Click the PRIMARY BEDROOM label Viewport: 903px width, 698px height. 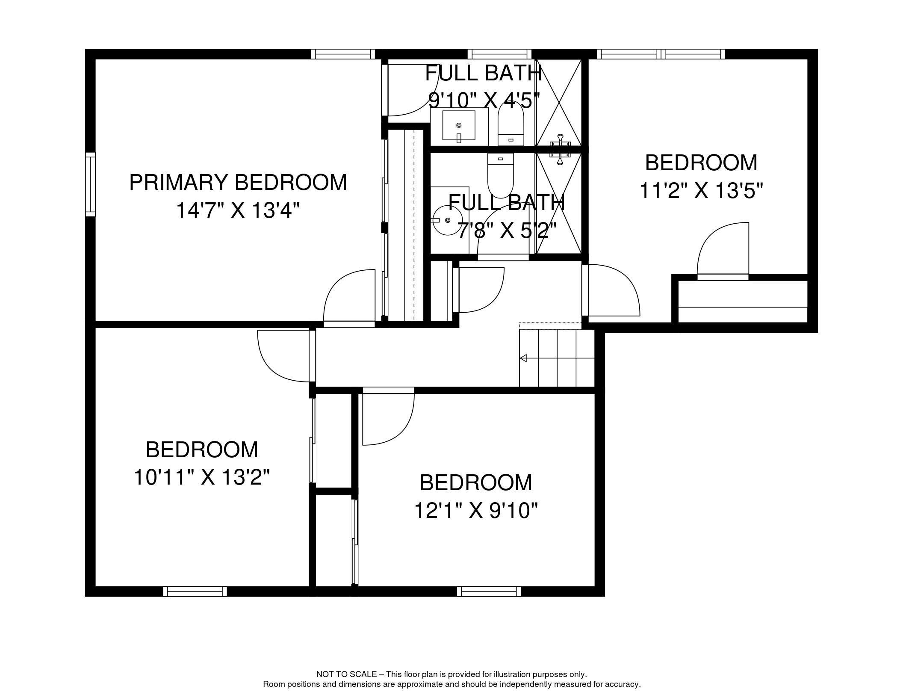[x=238, y=183]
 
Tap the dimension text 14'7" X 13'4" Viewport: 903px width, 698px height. [x=238, y=210]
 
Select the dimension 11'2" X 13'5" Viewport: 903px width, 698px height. [x=701, y=191]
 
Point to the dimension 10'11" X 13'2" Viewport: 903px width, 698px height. [x=202, y=477]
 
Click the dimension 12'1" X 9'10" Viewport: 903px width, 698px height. [x=475, y=510]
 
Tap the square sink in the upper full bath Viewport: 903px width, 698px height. [x=459, y=125]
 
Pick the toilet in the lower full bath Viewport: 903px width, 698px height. [x=500, y=175]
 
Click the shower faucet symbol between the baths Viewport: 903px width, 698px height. [x=560, y=149]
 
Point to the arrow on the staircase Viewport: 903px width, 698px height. [x=523, y=358]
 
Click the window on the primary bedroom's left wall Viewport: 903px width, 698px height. [x=90, y=184]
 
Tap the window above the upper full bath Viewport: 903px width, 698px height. [x=499, y=54]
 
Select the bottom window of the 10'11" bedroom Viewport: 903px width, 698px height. [x=195, y=592]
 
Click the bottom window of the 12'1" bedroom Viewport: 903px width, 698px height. [x=489, y=592]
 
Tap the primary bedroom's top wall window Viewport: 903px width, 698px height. [x=343, y=54]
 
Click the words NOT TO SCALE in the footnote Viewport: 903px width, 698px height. [x=346, y=674]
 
